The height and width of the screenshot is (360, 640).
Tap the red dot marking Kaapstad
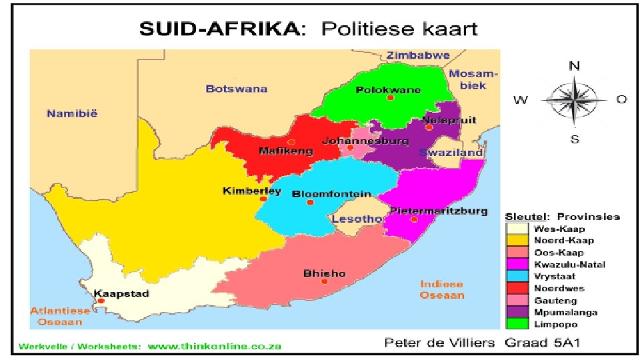coord(101,301)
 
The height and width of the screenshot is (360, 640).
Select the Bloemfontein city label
coord(331,194)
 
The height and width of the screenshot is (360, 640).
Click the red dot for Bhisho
coord(325,281)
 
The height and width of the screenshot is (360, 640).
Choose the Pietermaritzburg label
coord(438,211)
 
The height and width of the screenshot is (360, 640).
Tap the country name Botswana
coord(236,88)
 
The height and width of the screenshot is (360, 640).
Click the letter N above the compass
coord(574,65)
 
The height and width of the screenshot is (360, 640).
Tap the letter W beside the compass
coord(521,101)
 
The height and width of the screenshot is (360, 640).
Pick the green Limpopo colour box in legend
coord(517,324)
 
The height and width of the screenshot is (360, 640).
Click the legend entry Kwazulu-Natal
coord(560,264)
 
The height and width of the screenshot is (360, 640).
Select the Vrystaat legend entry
coord(551,276)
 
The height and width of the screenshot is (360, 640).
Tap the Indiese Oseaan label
coord(441,289)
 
